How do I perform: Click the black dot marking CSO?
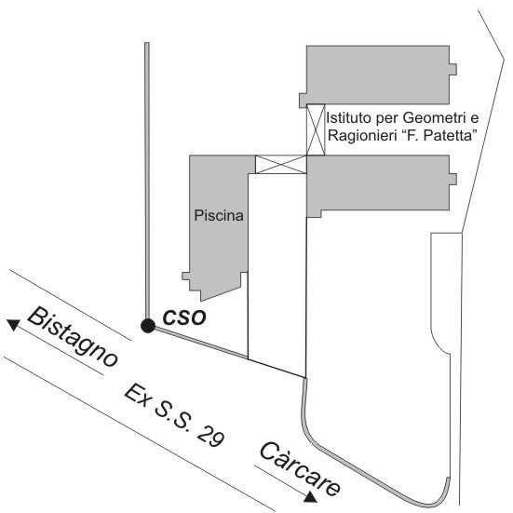pyautogui.click(x=148, y=326)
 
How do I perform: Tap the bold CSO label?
pyautogui.click(x=184, y=317)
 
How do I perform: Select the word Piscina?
pyautogui.click(x=219, y=215)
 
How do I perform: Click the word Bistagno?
pyautogui.click(x=72, y=336)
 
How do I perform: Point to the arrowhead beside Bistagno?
pyautogui.click(x=13, y=324)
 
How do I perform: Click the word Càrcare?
pyautogui.click(x=300, y=468)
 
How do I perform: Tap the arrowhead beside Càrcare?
pyautogui.click(x=310, y=497)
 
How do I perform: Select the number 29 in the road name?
pyautogui.click(x=211, y=436)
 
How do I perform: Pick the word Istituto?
pyautogui.click(x=349, y=118)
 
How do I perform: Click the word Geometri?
pyautogui.click(x=435, y=118)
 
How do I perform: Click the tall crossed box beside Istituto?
pyautogui.click(x=316, y=129)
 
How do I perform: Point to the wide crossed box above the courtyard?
pyautogui.click(x=281, y=164)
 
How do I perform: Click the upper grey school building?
pyautogui.click(x=378, y=74)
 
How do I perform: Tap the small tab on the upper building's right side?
pyautogui.click(x=453, y=69)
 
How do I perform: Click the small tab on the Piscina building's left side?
pyautogui.click(x=186, y=277)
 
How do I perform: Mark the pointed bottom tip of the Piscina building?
pyautogui.click(x=201, y=301)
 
